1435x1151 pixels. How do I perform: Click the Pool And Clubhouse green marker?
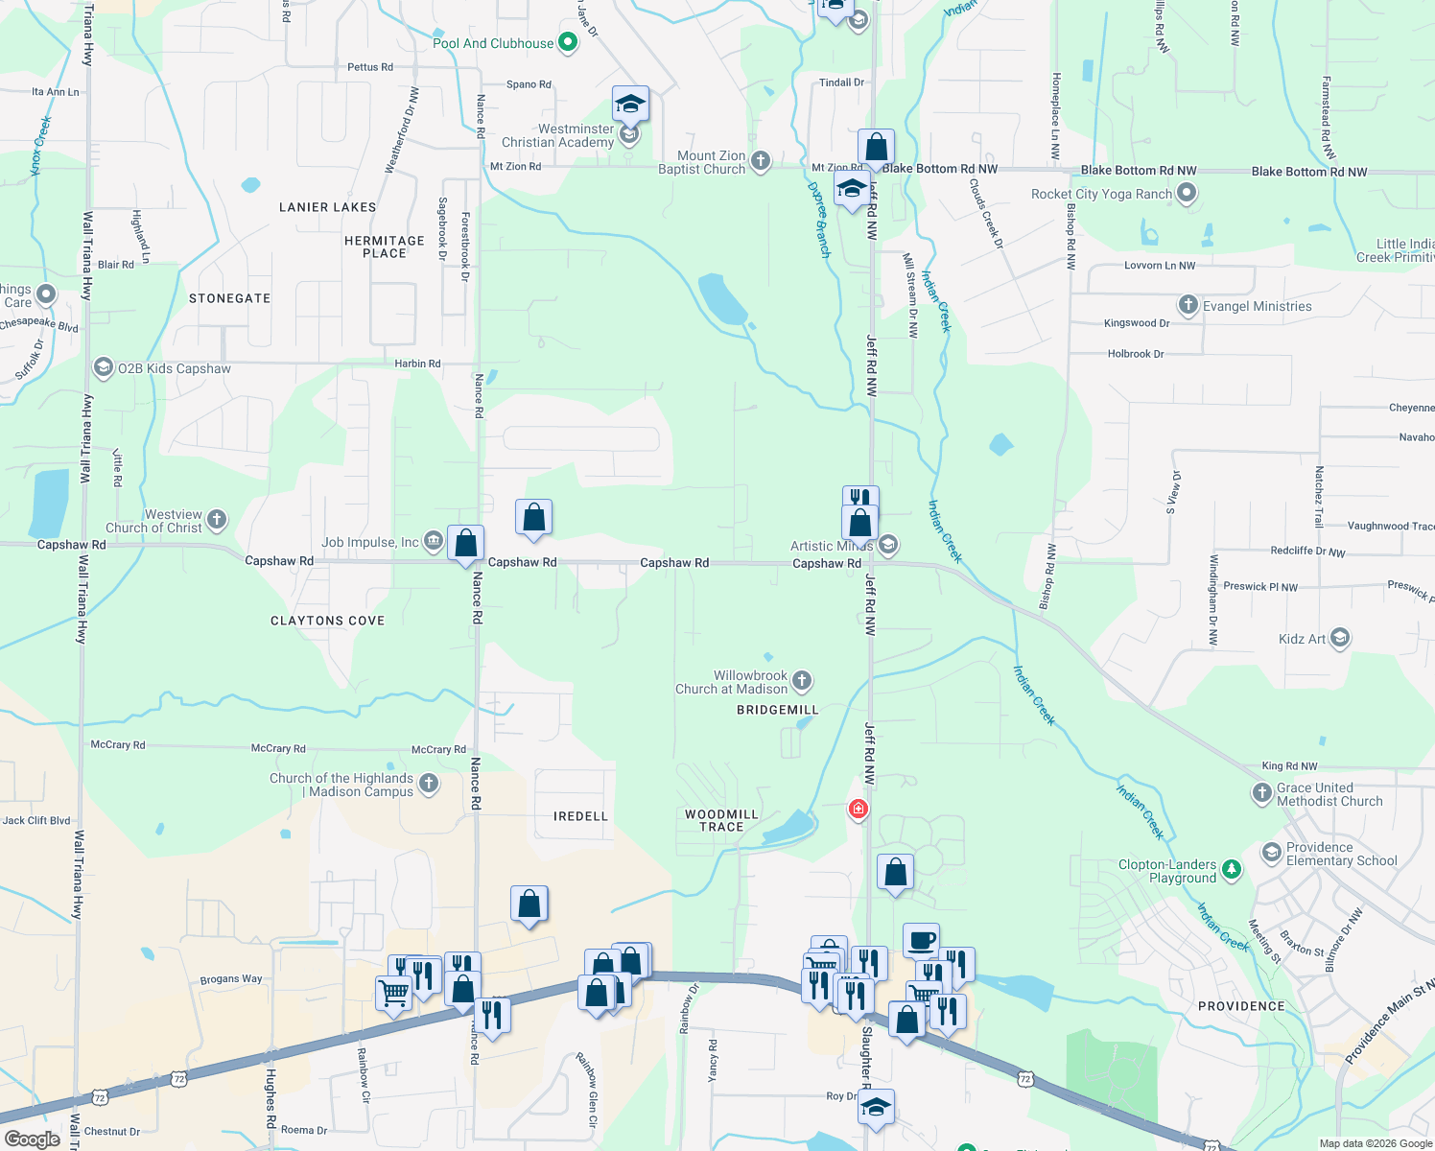click(568, 42)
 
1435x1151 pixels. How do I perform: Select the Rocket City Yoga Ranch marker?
click(1187, 194)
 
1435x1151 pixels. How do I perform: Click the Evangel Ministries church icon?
click(1188, 306)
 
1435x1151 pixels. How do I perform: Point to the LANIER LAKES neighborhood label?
click(327, 207)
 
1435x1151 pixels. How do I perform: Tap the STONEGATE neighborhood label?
click(229, 298)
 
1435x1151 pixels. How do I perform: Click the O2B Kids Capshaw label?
click(174, 368)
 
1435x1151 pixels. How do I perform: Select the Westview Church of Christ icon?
click(217, 520)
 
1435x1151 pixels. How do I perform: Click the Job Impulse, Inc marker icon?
click(433, 542)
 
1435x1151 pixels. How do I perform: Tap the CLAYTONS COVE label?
click(327, 621)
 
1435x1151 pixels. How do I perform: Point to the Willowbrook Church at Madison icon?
click(802, 681)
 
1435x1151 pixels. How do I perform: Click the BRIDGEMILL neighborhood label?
click(777, 710)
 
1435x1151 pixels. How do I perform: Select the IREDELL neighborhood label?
click(580, 816)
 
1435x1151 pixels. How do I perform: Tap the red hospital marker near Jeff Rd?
click(858, 810)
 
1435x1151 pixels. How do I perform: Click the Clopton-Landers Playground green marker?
click(1232, 870)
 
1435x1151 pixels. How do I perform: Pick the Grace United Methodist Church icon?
click(1262, 793)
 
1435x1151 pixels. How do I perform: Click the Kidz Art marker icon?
click(1340, 638)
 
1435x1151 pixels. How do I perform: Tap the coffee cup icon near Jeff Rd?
click(921, 940)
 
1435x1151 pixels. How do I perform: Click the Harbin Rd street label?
click(417, 364)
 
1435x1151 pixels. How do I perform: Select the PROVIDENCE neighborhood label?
click(1241, 1006)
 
